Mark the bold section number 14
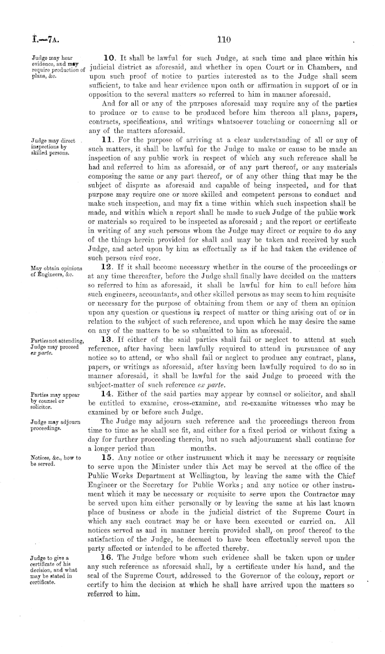pyautogui.click(x=110, y=395)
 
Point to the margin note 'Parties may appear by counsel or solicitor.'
pyautogui.click(x=49, y=401)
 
